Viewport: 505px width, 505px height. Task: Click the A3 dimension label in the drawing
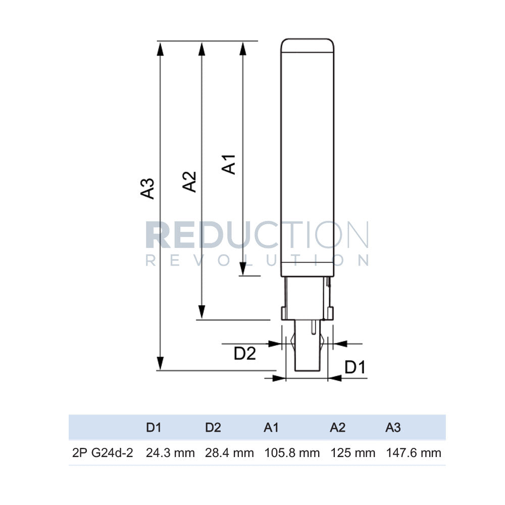pyautogui.click(x=147, y=188)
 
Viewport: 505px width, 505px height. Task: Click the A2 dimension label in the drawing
pyautogui.click(x=189, y=181)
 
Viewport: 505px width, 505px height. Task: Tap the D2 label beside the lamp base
pyautogui.click(x=245, y=354)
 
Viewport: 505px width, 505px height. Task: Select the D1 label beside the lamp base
pyautogui.click(x=355, y=368)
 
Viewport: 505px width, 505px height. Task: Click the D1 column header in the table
pyautogui.click(x=154, y=428)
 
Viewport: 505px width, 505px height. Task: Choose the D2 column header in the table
pyautogui.click(x=213, y=428)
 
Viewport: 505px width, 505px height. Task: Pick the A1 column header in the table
pyautogui.click(x=271, y=428)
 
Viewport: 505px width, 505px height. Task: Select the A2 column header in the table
pyautogui.click(x=337, y=428)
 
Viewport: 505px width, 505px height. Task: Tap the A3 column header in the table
pyautogui.click(x=393, y=428)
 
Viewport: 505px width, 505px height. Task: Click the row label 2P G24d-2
pyautogui.click(x=103, y=453)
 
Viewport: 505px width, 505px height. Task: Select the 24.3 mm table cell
pyautogui.click(x=170, y=453)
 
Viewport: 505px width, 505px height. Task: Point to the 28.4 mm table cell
pyautogui.click(x=229, y=453)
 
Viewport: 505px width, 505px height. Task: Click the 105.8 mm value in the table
pyautogui.click(x=292, y=453)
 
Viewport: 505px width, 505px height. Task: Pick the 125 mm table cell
pyautogui.click(x=353, y=453)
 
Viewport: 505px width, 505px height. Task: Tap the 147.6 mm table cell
pyautogui.click(x=414, y=453)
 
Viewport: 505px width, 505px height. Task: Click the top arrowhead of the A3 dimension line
pyautogui.click(x=161, y=48)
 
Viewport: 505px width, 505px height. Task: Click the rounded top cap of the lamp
pyautogui.click(x=308, y=45)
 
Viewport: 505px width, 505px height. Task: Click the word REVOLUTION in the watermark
pyautogui.click(x=257, y=260)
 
